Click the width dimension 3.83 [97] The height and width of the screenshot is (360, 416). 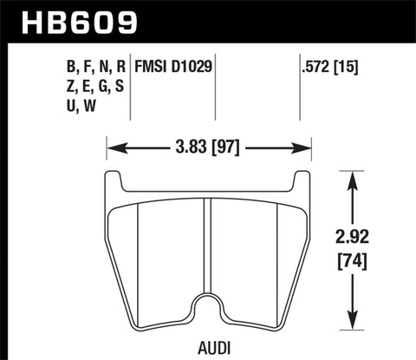tap(208, 148)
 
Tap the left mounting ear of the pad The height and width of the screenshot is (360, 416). tap(112, 180)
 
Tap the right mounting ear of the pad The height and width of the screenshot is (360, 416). tap(302, 180)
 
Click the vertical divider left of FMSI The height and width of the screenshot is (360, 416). tap(130, 87)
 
